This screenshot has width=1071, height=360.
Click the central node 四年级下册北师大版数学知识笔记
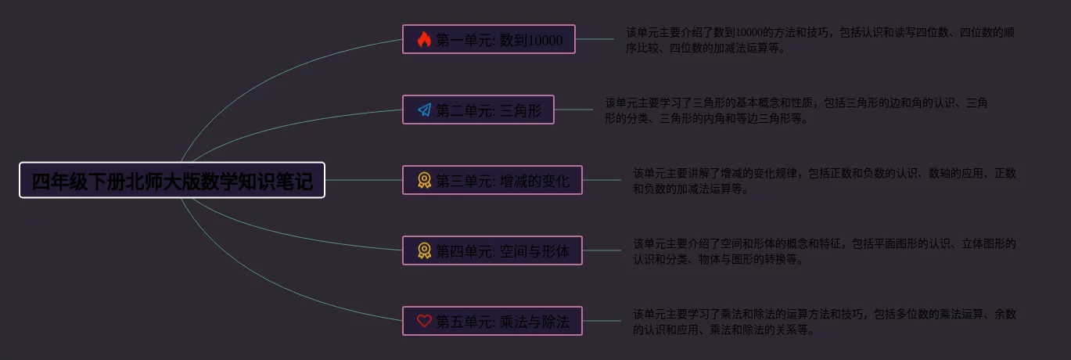coord(172,180)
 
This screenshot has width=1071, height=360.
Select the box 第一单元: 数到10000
coord(489,39)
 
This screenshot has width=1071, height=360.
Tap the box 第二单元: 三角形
coord(478,110)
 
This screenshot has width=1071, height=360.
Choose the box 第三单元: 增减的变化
coord(492,180)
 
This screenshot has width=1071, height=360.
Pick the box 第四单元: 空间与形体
coord(492,250)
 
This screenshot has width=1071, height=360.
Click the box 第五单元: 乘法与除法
coord(492,321)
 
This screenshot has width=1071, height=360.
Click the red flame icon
coord(424,39)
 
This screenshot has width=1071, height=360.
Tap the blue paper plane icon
coord(424,110)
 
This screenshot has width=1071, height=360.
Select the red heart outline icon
coord(424,321)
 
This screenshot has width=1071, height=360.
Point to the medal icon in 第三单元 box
coord(424,180)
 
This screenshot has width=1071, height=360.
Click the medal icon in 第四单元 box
coord(424,250)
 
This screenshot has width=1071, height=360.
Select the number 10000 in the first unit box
coord(545,40)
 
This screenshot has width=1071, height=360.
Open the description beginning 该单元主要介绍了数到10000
coord(820,40)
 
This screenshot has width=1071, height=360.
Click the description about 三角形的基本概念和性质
coord(796,110)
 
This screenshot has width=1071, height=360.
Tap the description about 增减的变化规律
coord(825,181)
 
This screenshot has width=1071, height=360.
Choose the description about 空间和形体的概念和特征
coord(825,251)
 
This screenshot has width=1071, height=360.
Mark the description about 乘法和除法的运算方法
coord(825,322)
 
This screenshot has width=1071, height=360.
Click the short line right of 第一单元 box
coord(595,39)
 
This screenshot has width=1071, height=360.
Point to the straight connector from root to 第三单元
coord(364,180)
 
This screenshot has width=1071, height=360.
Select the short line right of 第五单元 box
coord(602,321)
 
